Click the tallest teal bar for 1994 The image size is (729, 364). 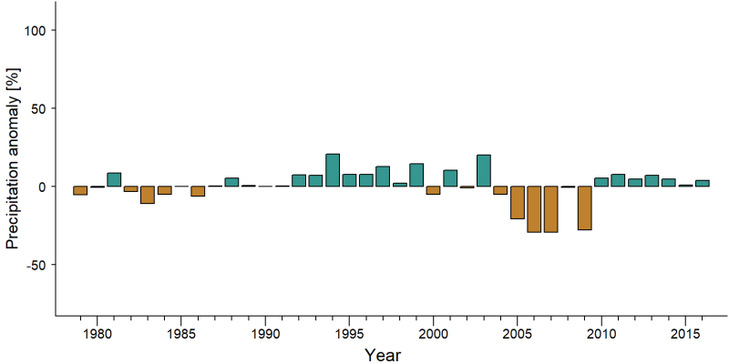tap(333, 170)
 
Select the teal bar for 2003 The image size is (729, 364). tap(484, 170)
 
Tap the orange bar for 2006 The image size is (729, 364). tap(534, 209)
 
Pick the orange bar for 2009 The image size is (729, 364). tap(584, 208)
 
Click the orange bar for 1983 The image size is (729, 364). tap(148, 195)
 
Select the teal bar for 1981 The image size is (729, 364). tap(114, 179)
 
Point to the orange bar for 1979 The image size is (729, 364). tap(80, 190)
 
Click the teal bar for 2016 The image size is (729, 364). tap(702, 184)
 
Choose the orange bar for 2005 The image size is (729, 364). tap(518, 202)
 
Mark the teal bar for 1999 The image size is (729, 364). tap(416, 175)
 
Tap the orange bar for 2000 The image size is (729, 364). tap(434, 190)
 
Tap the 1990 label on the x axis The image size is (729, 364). tap(265, 333)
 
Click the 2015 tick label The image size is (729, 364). tap(685, 333)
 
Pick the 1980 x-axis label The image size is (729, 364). tap(97, 333)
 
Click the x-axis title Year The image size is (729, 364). tap(382, 355)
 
